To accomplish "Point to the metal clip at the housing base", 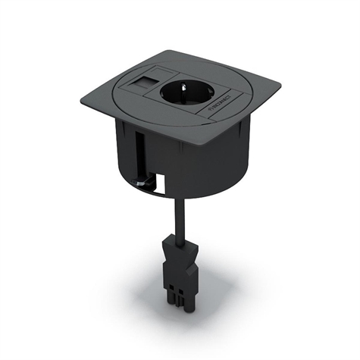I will pos(139,182).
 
